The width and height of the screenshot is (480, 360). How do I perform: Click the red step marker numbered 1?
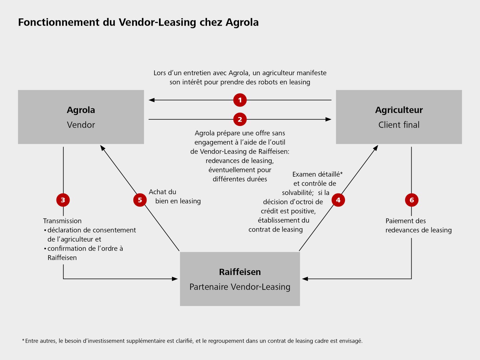240,100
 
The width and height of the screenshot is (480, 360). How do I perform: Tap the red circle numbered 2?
240,119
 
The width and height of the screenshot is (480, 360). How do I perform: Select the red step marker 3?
63,200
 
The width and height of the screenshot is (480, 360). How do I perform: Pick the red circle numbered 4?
338,200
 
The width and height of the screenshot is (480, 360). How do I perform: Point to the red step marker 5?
140,200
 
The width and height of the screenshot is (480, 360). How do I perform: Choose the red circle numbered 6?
412,200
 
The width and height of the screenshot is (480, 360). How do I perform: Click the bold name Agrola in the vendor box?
81,110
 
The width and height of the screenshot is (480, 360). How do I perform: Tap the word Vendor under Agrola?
81,125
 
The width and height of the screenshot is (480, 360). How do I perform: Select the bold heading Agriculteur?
399,110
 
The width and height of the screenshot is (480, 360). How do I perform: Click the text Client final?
399,125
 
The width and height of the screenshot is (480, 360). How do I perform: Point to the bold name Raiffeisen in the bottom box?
240,272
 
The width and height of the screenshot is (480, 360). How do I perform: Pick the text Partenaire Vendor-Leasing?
240,287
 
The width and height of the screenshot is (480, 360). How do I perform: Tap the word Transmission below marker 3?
62,221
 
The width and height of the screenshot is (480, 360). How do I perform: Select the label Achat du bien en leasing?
174,197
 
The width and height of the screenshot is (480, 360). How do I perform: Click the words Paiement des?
406,221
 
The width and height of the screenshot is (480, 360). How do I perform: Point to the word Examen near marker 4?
304,174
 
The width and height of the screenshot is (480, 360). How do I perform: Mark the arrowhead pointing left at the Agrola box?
152,100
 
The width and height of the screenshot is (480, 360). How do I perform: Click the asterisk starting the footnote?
23,340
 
